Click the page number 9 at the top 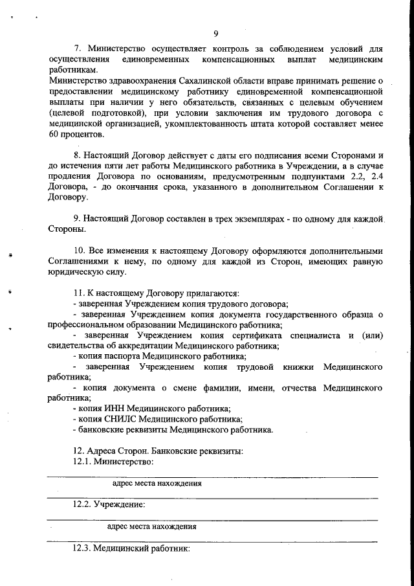(x=215, y=34)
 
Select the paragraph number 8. (x=78, y=155)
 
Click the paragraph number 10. (x=80, y=250)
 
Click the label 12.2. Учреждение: (x=108, y=504)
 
